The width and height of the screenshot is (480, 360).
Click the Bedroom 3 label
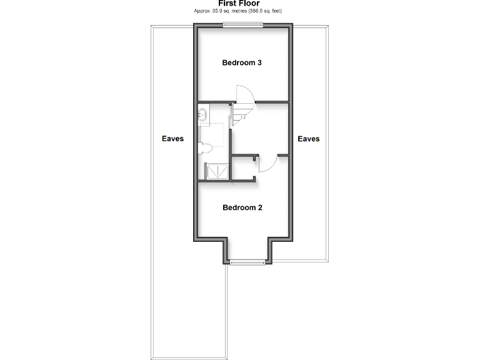[x=242, y=62]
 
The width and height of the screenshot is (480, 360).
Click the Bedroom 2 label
[x=242, y=207]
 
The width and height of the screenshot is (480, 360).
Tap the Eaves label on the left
[x=172, y=139]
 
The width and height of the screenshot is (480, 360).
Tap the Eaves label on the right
[x=308, y=139]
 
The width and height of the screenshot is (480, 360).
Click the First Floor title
[x=239, y=4]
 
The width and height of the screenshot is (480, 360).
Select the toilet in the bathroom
[x=204, y=148]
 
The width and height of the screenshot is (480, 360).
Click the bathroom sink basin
[x=203, y=114]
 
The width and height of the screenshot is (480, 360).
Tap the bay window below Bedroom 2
[x=247, y=262]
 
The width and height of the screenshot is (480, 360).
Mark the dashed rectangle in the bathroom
[x=212, y=133]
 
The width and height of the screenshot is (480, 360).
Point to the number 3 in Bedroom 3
[x=259, y=62]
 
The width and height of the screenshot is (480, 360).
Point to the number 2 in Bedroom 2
[x=259, y=207]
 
